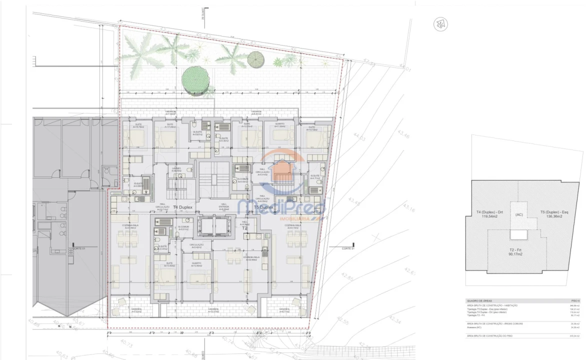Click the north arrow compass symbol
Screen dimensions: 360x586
[x=440, y=24]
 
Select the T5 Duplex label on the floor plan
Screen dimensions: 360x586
[x=263, y=207]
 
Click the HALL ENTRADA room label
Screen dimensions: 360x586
[x=224, y=207]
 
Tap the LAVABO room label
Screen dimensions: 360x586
[x=176, y=170]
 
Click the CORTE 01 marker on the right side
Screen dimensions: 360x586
[x=347, y=248]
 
